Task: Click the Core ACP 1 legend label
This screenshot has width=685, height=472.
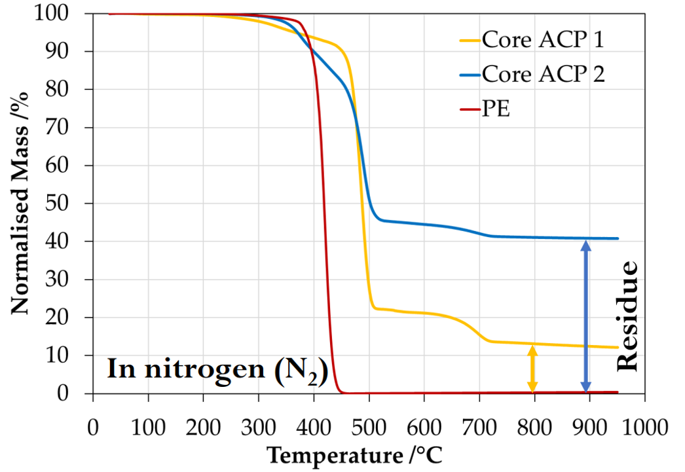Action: click(x=542, y=40)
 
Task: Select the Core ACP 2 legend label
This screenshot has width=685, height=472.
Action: click(x=543, y=73)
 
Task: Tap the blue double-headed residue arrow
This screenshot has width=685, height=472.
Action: click(x=585, y=317)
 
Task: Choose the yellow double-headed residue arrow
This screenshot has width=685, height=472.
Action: click(x=532, y=369)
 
